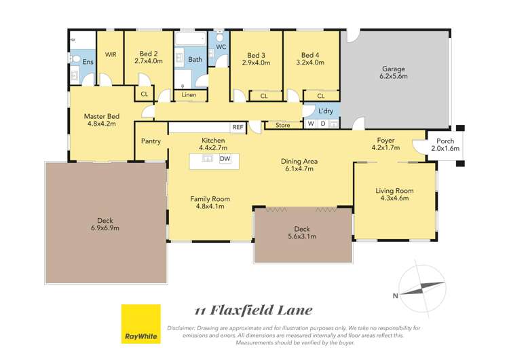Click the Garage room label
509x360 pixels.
pyautogui.click(x=394, y=69)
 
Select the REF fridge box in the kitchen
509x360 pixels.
pyautogui.click(x=238, y=127)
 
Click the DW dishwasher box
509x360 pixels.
pyautogui.click(x=225, y=159)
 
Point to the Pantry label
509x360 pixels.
pyautogui.click(x=151, y=141)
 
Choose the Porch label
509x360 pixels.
pyautogui.click(x=445, y=141)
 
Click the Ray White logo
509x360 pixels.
pyautogui.click(x=140, y=324)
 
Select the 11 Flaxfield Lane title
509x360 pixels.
pyautogui.click(x=254, y=310)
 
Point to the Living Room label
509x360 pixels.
pyautogui.click(x=394, y=191)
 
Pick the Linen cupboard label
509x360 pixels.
pyautogui.click(x=189, y=95)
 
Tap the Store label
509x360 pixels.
pyautogui.click(x=282, y=125)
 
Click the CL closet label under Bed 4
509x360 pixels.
pyautogui.click(x=311, y=96)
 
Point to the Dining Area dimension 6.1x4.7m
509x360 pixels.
pyautogui.click(x=299, y=169)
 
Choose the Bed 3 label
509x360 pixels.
pyautogui.click(x=256, y=54)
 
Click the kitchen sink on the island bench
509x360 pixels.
pyautogui.click(x=208, y=159)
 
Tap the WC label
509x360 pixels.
pyautogui.click(x=221, y=47)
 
